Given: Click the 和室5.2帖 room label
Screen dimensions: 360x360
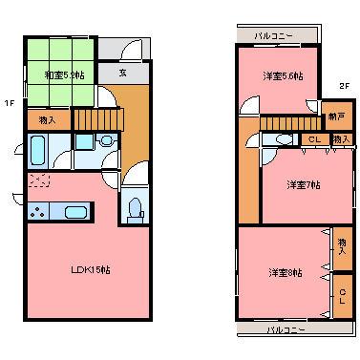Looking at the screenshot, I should tap(62, 73).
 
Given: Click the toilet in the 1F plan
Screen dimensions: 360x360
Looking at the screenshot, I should tap(136, 208).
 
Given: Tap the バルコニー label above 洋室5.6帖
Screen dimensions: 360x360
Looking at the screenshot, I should tap(273, 35).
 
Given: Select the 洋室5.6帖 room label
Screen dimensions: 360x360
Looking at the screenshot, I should tap(284, 75).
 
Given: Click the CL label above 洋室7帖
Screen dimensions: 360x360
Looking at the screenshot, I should tap(313, 140).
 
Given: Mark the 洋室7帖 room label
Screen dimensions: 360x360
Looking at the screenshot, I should tap(304, 184).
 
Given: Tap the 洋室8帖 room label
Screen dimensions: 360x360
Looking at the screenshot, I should tap(285, 273).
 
